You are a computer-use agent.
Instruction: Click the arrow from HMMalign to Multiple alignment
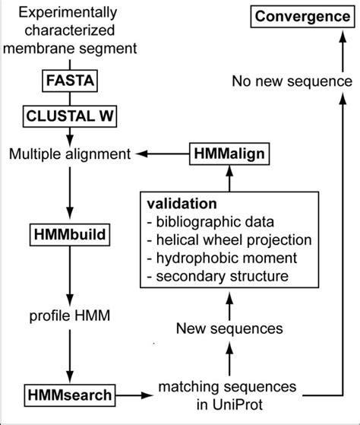[161, 154]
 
